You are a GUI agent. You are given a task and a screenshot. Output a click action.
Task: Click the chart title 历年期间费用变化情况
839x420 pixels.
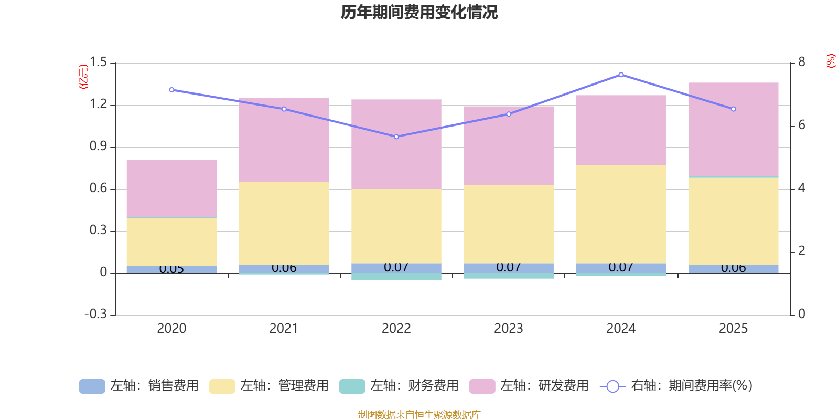pyautogui.click(x=419, y=12)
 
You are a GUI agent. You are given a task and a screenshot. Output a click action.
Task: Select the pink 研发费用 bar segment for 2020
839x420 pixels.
pyautogui.click(x=171, y=188)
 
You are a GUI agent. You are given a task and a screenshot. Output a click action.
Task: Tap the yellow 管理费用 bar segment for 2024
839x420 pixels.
pyautogui.click(x=621, y=214)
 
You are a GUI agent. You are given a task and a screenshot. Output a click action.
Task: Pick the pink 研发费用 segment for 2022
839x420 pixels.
pyautogui.click(x=396, y=144)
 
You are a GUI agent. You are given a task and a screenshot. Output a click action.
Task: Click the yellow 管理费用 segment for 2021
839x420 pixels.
pyautogui.click(x=284, y=223)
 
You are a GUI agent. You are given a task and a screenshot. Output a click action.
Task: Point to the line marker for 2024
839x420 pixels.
pyautogui.click(x=621, y=75)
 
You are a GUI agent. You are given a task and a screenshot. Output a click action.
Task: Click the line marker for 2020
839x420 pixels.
pyautogui.click(x=171, y=90)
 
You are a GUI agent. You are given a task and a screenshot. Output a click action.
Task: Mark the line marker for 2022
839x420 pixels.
pyautogui.click(x=396, y=136)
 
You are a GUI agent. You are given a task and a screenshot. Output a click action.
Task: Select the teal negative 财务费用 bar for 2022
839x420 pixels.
pyautogui.click(x=396, y=277)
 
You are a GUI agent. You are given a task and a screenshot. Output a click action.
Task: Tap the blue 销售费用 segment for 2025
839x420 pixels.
pyautogui.click(x=733, y=269)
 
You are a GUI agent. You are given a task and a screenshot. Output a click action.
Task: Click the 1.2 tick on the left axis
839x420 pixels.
pyautogui.click(x=98, y=104)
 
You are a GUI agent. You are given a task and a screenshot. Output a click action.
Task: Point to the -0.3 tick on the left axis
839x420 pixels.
pyautogui.click(x=95, y=314)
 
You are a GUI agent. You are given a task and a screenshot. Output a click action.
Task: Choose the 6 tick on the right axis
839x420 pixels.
pyautogui.click(x=801, y=125)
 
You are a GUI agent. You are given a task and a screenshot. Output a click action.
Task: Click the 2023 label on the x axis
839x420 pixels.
pyautogui.click(x=508, y=328)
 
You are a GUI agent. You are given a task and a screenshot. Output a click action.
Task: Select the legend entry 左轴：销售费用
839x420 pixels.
pyautogui.click(x=139, y=386)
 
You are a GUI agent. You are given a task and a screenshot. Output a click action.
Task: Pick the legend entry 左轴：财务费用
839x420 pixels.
pyautogui.click(x=399, y=386)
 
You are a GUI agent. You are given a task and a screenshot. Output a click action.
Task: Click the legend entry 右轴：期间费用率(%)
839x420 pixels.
pyautogui.click(x=676, y=386)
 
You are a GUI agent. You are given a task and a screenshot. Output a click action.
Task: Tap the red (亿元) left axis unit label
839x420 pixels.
pyautogui.click(x=83, y=77)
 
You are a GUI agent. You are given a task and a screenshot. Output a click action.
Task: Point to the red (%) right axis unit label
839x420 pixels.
pyautogui.click(x=831, y=61)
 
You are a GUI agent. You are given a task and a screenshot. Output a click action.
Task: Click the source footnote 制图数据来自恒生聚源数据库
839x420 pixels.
pyautogui.click(x=419, y=415)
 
